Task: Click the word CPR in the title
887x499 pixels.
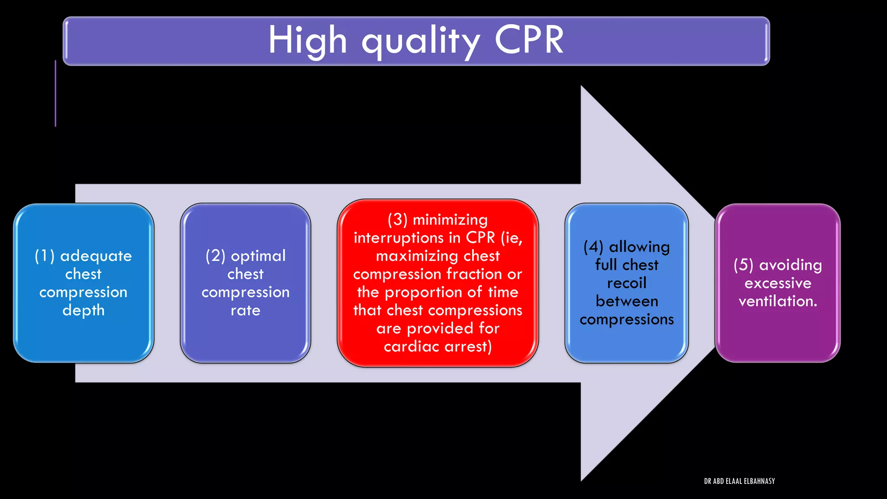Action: (529, 40)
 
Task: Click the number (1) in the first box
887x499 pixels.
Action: (45, 256)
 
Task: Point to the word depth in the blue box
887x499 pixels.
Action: (84, 311)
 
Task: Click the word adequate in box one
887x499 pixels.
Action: (96, 256)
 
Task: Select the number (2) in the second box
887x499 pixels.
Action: (215, 256)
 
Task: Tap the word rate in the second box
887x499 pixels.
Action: (245, 310)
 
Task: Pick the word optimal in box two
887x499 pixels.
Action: (258, 256)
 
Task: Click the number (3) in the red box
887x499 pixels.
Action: (398, 220)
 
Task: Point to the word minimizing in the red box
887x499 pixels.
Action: (450, 220)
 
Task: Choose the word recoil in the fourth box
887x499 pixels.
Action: (627, 283)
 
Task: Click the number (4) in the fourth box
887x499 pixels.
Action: (593, 247)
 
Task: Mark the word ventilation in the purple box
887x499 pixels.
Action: (777, 301)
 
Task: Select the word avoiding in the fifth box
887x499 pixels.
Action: (790, 265)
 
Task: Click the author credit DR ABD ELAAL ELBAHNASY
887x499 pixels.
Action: (739, 481)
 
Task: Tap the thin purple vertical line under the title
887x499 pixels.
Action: (55, 93)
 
